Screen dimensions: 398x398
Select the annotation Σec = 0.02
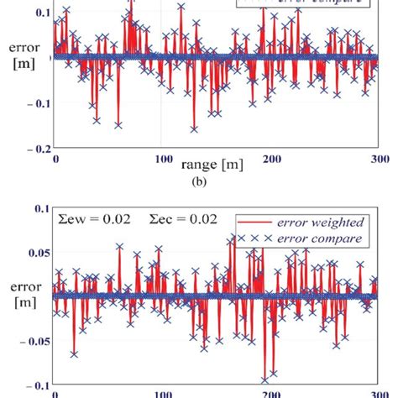[186, 219]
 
